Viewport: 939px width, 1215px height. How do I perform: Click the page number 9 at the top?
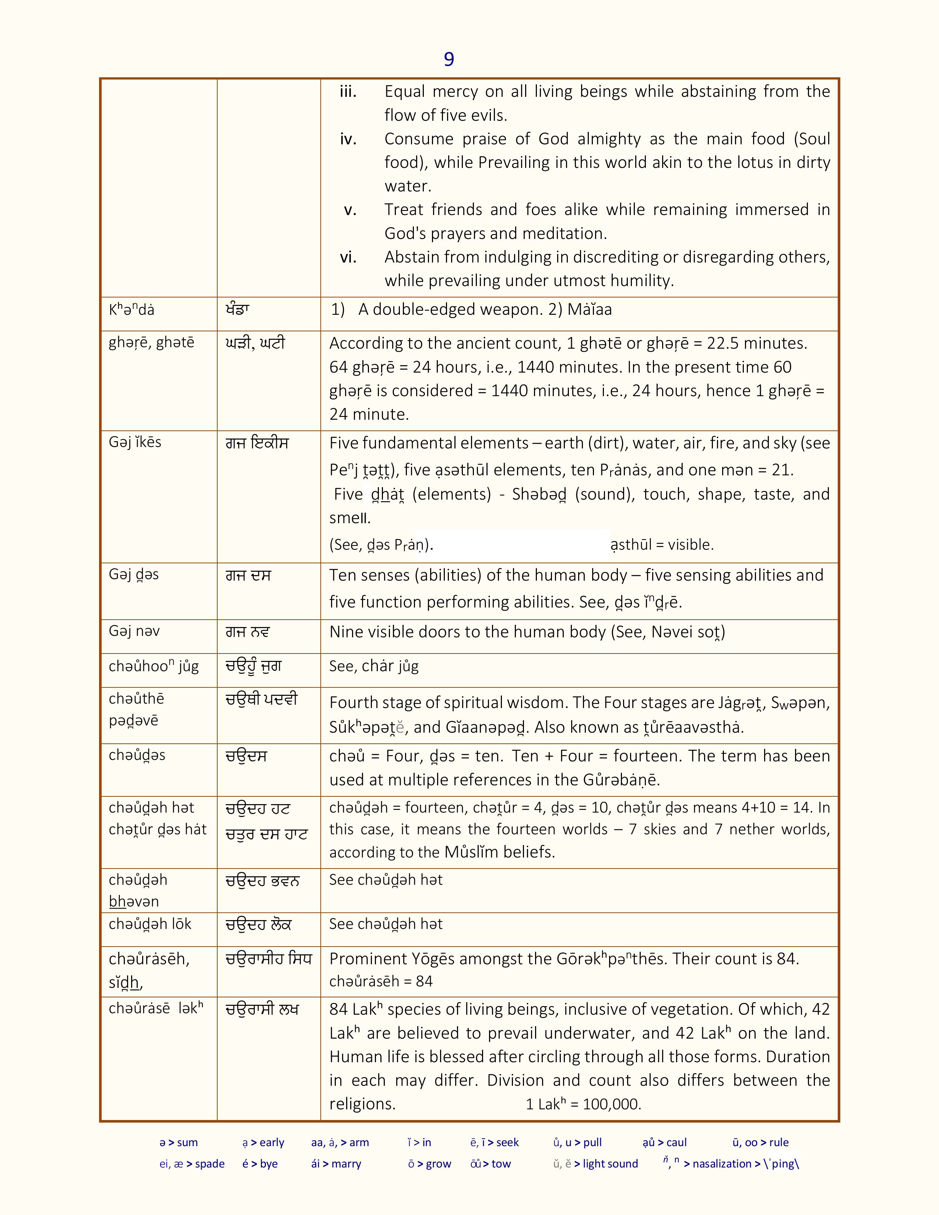449,59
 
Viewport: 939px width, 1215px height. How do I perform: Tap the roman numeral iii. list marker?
348,92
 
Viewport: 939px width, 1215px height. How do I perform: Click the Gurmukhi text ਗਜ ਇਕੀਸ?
257,443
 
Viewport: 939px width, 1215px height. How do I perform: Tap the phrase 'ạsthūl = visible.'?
662,545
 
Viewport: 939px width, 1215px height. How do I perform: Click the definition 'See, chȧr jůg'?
374,666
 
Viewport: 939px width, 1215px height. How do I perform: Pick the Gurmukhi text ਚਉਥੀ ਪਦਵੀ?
261,699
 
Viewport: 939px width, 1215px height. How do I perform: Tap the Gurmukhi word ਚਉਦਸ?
246,756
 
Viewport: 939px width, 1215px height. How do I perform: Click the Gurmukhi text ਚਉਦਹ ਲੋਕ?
259,925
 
